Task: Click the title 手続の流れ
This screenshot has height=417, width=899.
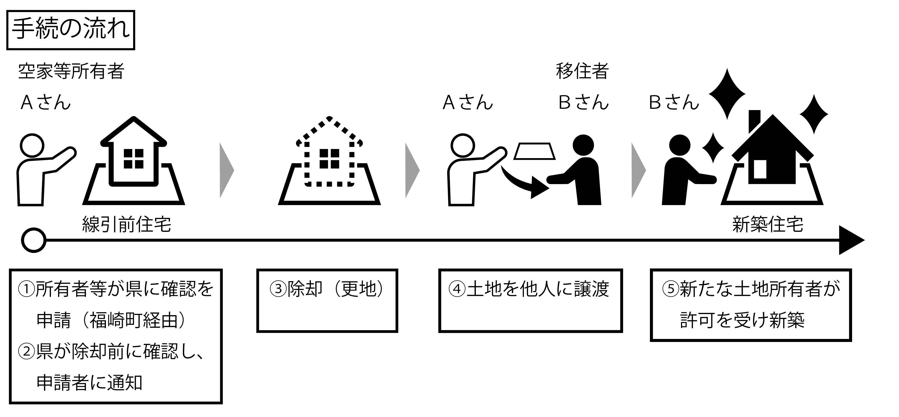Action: (x=71, y=29)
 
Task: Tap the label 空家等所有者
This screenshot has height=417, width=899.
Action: (x=71, y=71)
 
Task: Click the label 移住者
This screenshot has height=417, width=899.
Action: (x=582, y=71)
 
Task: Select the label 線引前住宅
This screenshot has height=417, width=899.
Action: (x=126, y=224)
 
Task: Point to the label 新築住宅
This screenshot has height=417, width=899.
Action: (x=768, y=224)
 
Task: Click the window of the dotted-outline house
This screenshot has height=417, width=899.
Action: (x=329, y=159)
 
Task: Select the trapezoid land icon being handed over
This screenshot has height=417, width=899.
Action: (x=534, y=151)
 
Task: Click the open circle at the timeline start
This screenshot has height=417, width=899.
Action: (x=34, y=240)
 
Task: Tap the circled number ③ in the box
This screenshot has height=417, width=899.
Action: (x=278, y=289)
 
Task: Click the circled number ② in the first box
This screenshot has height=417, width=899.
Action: (x=27, y=352)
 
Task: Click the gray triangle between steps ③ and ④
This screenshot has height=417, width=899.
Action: (x=412, y=170)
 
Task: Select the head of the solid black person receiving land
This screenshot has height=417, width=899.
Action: (x=583, y=145)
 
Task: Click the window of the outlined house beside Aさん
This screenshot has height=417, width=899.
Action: (x=134, y=159)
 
